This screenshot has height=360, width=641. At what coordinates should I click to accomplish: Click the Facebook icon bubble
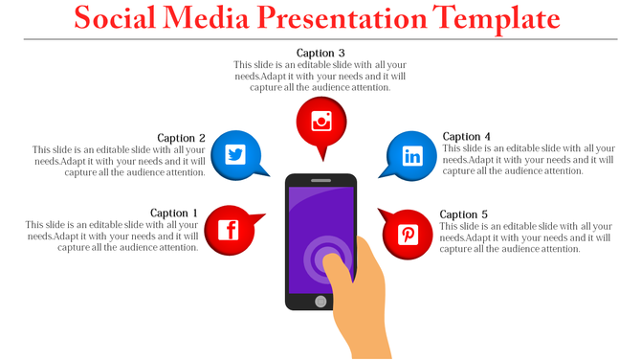[x=229, y=230]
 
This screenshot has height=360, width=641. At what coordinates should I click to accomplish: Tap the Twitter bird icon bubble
[x=235, y=154]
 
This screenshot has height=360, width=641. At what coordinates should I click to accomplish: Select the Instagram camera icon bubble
[x=320, y=122]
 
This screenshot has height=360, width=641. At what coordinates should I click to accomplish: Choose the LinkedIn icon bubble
[x=411, y=155]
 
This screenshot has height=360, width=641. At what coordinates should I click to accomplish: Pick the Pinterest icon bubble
[x=408, y=234]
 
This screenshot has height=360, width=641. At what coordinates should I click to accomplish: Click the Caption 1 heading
[x=174, y=213]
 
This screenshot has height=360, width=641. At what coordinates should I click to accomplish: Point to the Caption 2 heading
[x=182, y=138]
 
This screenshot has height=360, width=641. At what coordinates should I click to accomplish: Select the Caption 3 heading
[x=320, y=53]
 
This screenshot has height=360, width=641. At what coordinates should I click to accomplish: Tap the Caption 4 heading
[x=467, y=137]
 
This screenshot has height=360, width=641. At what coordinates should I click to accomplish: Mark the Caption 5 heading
[x=464, y=214]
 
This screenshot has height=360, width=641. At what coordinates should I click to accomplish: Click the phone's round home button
[x=320, y=302]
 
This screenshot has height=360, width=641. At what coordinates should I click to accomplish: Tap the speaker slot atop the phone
[x=320, y=180]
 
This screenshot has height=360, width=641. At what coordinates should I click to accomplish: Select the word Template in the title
[x=508, y=18]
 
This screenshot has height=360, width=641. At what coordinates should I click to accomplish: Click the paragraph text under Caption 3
[x=320, y=77]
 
